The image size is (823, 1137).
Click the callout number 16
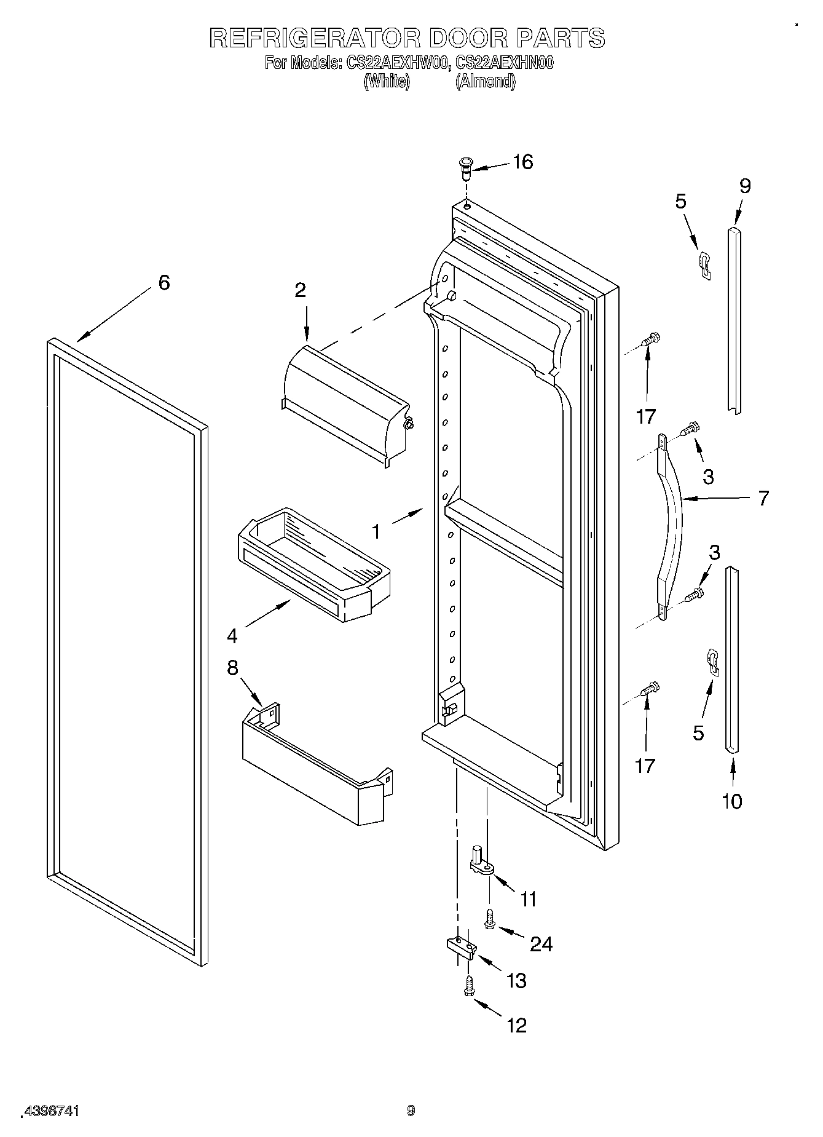522,162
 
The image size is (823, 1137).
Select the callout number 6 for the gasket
163,283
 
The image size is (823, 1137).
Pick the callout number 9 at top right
744,186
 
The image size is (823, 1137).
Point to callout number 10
732,801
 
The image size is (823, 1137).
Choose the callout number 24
541,943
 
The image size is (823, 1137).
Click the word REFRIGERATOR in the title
314,38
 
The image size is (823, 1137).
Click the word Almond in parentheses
486,82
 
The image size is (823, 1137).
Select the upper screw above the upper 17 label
650,339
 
